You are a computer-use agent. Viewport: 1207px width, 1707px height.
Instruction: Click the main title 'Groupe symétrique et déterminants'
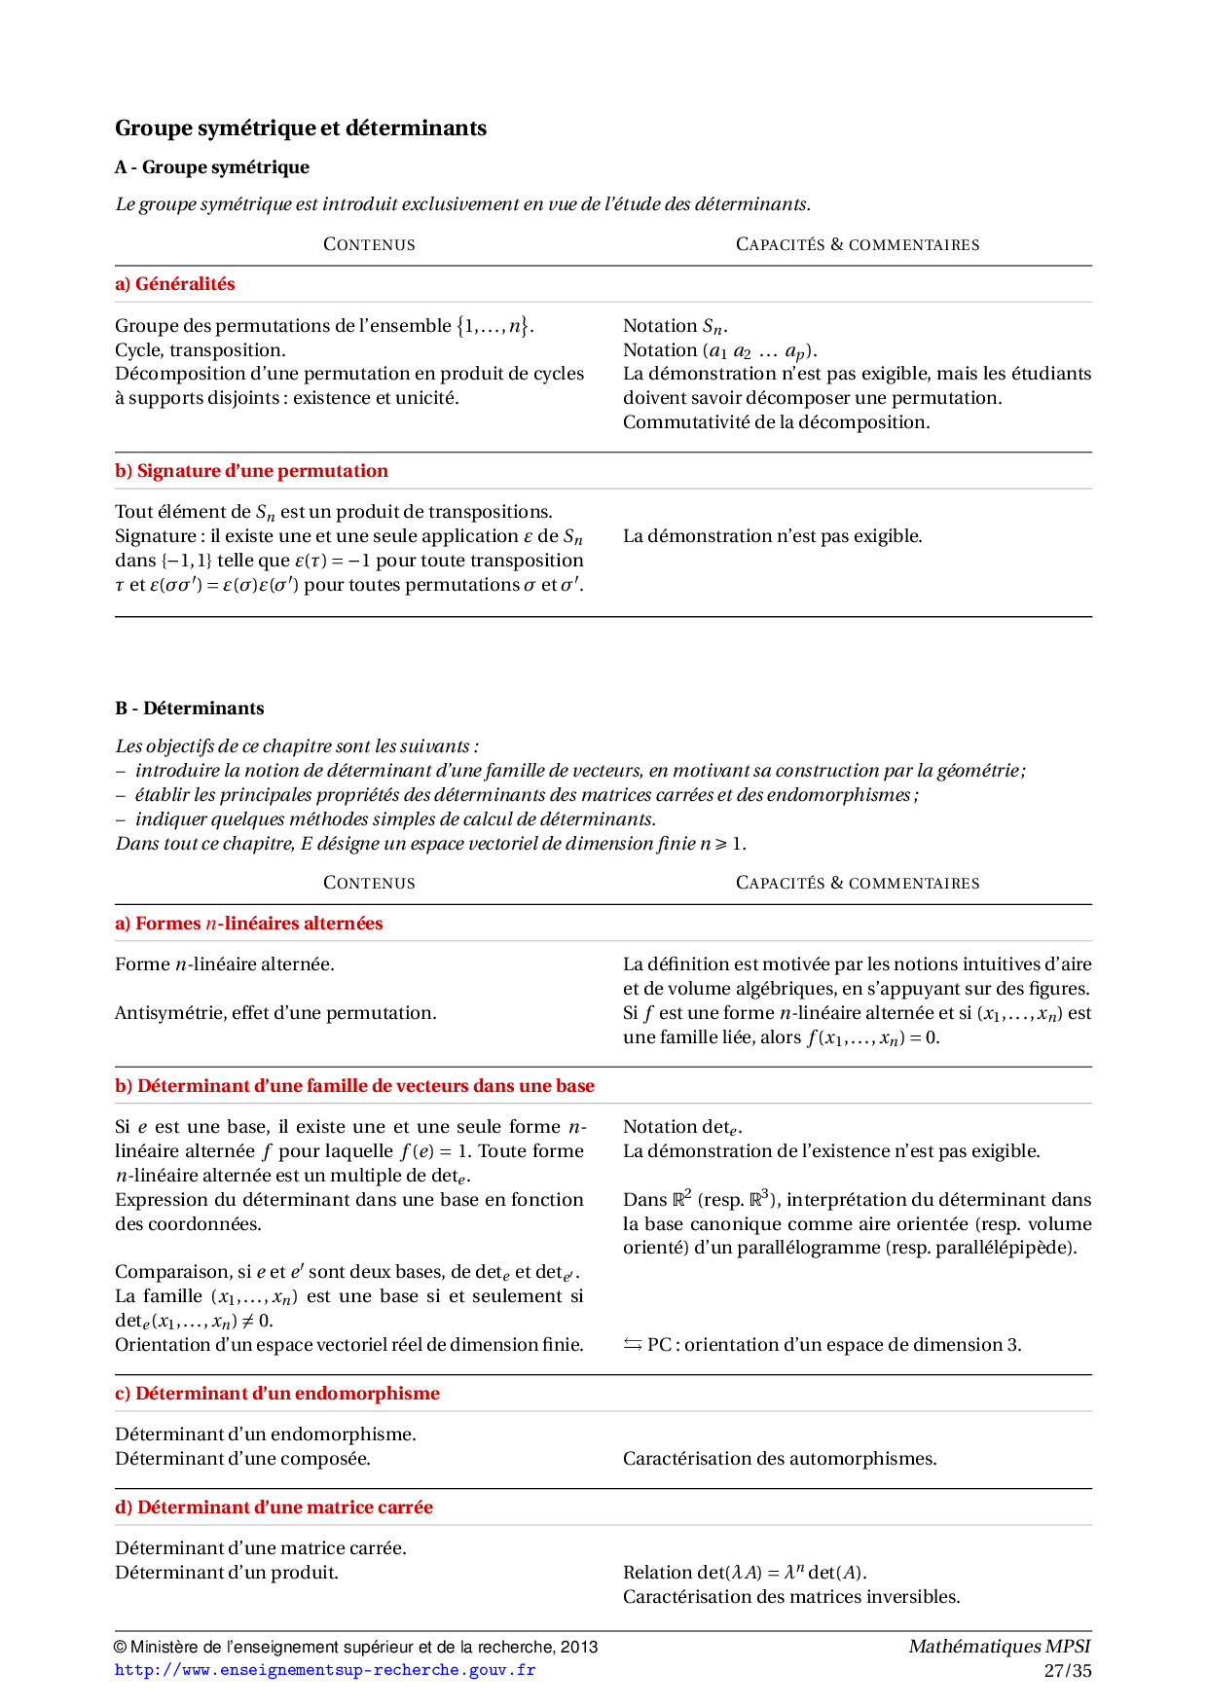(301, 128)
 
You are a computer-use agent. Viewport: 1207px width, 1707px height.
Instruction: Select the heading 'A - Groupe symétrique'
(212, 167)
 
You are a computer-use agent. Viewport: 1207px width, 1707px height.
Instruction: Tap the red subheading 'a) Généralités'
(175, 284)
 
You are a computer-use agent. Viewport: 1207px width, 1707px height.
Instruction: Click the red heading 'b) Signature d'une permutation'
(251, 471)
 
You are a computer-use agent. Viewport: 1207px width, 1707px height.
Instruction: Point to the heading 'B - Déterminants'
(190, 708)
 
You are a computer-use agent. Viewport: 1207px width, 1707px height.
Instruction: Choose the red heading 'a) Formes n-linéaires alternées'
(249, 924)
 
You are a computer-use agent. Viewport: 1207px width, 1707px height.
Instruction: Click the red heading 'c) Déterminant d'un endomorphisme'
(277, 1394)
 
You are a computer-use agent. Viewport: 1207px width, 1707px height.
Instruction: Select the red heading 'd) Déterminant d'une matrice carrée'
(274, 1507)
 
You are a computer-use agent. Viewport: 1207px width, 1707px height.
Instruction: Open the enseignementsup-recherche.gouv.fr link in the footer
(325, 1670)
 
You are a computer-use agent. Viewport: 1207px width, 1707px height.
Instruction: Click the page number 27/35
(1068, 1671)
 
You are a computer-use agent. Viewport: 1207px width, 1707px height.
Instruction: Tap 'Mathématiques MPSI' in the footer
(1000, 1647)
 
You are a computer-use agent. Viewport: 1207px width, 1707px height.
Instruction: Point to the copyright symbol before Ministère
(121, 1648)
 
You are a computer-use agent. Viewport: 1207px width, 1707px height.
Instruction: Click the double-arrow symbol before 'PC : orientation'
(633, 1345)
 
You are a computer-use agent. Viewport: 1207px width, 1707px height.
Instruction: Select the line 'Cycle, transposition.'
(201, 350)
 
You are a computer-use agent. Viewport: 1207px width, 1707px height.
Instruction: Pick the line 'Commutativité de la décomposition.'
(777, 422)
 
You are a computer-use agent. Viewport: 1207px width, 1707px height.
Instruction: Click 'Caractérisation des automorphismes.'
(780, 1459)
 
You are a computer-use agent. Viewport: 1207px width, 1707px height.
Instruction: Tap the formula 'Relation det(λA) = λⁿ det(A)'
(745, 1573)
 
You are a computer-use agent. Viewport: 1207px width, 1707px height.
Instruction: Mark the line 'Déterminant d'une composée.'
(242, 1459)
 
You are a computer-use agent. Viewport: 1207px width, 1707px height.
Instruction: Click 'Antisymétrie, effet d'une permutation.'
(275, 1013)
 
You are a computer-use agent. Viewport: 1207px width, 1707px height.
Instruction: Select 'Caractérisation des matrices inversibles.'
(791, 1597)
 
